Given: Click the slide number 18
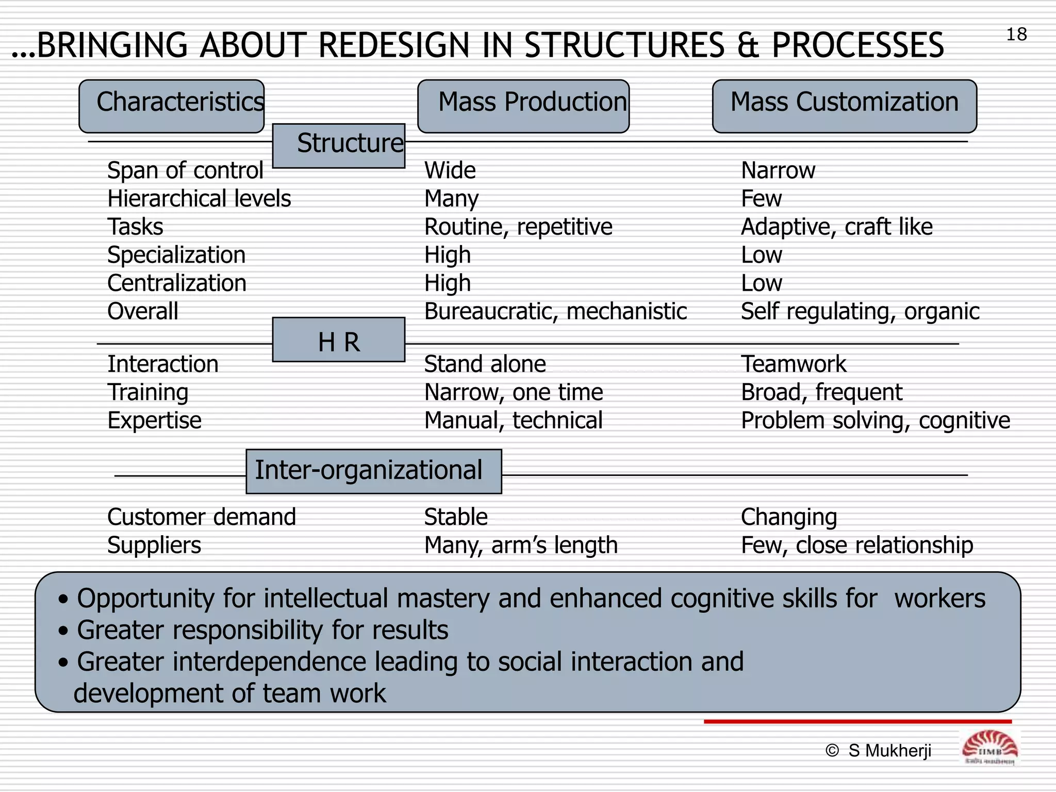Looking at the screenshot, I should (x=1016, y=35).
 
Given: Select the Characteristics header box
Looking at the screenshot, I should (x=172, y=106).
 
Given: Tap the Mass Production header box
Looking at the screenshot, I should (x=523, y=106).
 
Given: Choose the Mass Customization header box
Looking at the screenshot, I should (x=844, y=106).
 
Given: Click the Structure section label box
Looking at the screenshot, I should (x=339, y=145).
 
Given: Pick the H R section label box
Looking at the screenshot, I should (x=339, y=340).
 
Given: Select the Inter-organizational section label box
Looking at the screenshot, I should (x=373, y=471).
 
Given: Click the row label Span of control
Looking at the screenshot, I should (x=185, y=171).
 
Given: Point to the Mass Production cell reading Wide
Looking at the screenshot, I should (x=450, y=171).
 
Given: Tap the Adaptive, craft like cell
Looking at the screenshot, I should (x=836, y=227).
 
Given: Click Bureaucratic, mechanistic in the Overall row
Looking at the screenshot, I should (x=555, y=311).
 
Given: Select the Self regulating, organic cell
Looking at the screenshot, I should (x=860, y=311).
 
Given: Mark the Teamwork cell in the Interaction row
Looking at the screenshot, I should (x=793, y=364).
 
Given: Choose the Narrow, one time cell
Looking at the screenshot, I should (x=513, y=392).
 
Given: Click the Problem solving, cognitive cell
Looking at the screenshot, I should (x=875, y=421).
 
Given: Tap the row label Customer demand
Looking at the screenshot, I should (x=202, y=517).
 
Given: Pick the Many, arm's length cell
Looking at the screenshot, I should (x=521, y=546).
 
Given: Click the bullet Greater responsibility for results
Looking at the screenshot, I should (x=262, y=630).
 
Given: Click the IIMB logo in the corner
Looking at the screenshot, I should (x=989, y=748).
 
